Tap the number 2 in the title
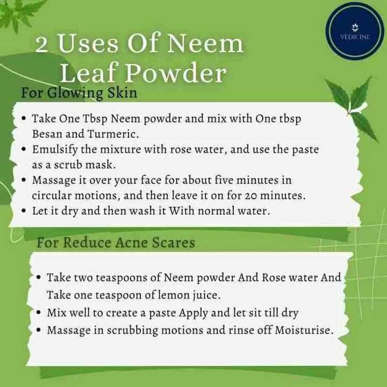[44, 45]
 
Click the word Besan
[47, 132]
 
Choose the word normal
[215, 211]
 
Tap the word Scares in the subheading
[172, 242]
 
